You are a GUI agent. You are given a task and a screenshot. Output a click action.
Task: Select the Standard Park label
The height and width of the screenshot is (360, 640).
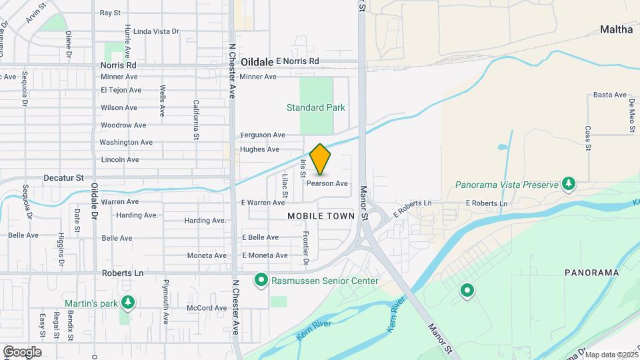coord(315,107)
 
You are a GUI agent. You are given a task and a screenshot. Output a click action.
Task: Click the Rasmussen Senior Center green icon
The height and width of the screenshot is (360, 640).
coord(262,280)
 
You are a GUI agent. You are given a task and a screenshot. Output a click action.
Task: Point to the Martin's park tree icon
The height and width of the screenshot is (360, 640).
coord(128,303)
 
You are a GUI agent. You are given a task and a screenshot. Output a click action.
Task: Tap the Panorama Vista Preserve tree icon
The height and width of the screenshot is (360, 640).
coord(568,184)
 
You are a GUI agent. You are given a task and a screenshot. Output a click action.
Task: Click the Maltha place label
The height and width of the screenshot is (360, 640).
coord(616,29)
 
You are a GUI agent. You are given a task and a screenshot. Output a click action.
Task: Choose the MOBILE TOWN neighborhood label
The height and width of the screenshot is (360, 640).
coord(321,216)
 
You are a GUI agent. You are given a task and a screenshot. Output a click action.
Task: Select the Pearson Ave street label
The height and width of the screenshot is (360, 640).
coord(327,183)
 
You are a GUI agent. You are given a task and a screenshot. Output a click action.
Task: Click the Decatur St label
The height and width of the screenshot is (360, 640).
coord(63,178)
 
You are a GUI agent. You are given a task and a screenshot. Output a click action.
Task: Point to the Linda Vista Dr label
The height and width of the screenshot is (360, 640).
coord(157,31)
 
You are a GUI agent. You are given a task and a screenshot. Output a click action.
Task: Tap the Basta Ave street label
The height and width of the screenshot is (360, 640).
coord(607,95)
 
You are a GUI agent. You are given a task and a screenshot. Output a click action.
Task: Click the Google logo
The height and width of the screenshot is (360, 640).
coord(22,352)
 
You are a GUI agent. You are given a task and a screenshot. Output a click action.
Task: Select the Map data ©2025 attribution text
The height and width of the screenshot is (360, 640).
coord(611,355)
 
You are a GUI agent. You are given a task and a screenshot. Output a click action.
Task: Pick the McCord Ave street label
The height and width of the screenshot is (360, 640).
coord(207,308)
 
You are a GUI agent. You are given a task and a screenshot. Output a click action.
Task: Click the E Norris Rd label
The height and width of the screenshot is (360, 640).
coord(297,61)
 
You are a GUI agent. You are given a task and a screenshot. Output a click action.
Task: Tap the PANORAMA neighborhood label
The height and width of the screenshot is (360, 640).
coord(587,273)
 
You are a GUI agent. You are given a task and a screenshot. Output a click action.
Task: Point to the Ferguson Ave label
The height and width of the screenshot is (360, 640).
coord(263,135)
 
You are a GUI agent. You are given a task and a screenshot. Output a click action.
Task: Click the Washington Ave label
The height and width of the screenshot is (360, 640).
coord(126,142)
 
